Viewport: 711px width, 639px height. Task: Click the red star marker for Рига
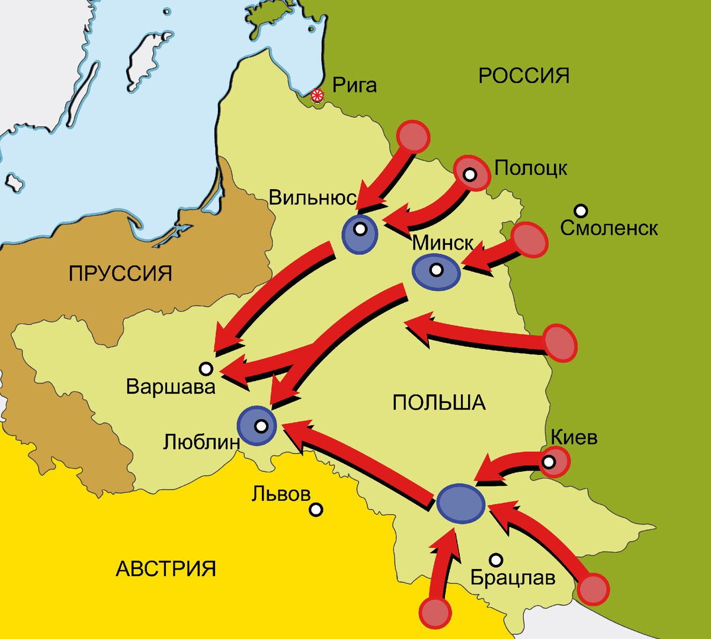[318, 95]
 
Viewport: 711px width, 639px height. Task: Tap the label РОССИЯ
[524, 76]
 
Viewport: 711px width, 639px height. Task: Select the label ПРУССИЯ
[120, 273]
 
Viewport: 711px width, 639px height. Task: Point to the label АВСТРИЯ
[166, 569]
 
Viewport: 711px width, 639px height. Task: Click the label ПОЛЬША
[439, 403]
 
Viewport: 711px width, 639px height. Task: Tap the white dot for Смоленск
[581, 210]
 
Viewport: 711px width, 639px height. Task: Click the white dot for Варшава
[206, 369]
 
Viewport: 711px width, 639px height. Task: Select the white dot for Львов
[316, 509]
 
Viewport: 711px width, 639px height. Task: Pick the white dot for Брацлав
[496, 560]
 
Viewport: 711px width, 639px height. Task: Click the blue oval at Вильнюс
[360, 234]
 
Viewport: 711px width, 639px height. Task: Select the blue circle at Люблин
[257, 426]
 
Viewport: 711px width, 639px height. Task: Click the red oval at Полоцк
[472, 173]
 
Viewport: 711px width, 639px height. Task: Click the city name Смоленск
[609, 228]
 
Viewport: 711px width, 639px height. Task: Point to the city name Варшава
[171, 387]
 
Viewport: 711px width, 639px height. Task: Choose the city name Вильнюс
[313, 197]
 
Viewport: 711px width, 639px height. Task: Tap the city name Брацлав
[513, 577]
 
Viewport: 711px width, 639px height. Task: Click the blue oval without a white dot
[460, 503]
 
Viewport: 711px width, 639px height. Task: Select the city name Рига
[354, 85]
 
